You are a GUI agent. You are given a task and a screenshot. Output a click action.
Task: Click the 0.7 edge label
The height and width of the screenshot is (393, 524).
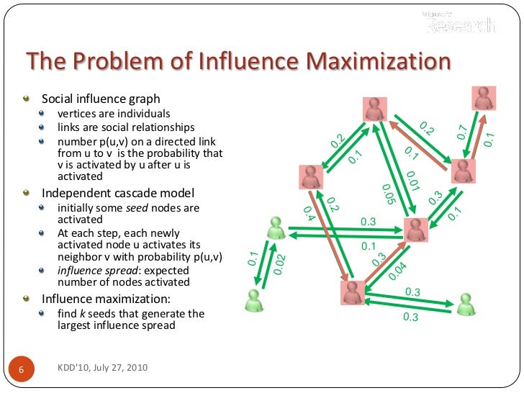pyautogui.click(x=462, y=132)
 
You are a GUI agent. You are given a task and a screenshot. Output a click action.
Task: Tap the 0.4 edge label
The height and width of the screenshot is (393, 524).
pyautogui.click(x=310, y=212)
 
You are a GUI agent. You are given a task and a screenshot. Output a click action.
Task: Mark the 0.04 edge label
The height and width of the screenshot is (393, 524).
pyautogui.click(x=397, y=271)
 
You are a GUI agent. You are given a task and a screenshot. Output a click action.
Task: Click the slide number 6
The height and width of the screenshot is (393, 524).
pyautogui.click(x=22, y=369)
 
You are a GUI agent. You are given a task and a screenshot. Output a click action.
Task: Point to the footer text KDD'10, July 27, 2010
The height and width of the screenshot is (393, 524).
pyautogui.click(x=102, y=368)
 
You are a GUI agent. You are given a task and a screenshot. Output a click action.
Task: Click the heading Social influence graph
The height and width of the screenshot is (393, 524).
pyautogui.click(x=101, y=99)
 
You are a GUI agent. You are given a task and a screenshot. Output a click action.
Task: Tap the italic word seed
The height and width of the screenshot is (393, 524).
pyautogui.click(x=136, y=208)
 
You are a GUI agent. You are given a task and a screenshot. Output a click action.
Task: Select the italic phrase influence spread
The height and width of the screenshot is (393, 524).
pyautogui.click(x=95, y=271)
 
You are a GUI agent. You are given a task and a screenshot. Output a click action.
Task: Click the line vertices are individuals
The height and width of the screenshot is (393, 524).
pyautogui.click(x=114, y=114)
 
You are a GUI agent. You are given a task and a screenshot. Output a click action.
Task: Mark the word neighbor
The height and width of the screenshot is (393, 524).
pyautogui.click(x=78, y=257)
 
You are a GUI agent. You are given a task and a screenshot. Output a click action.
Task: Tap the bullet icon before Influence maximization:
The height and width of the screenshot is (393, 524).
pyautogui.click(x=27, y=298)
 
